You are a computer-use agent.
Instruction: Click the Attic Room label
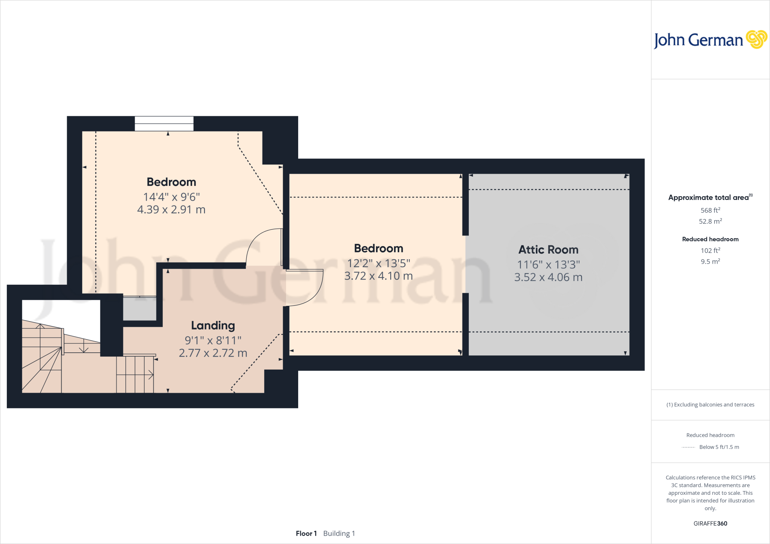548,250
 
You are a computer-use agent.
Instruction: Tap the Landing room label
213,325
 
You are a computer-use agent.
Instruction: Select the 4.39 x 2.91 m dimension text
171,210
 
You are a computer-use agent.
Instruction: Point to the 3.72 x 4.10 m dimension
378,276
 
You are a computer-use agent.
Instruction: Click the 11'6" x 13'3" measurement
548,264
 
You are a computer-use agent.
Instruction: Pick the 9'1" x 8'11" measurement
213,340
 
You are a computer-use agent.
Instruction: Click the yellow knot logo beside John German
756,39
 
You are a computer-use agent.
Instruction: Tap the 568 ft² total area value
710,210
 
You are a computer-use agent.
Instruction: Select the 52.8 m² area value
710,221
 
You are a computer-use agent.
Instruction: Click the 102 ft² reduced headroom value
710,251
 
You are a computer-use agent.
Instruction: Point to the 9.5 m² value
710,261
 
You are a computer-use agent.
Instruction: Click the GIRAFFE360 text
710,523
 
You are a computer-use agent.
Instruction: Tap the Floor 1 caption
306,533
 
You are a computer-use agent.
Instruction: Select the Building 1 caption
339,533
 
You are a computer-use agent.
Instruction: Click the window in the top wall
164,124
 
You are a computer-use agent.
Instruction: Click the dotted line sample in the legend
688,447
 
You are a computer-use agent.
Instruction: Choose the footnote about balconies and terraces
710,405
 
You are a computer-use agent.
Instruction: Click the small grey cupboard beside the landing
139,309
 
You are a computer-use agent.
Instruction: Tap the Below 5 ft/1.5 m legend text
719,447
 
